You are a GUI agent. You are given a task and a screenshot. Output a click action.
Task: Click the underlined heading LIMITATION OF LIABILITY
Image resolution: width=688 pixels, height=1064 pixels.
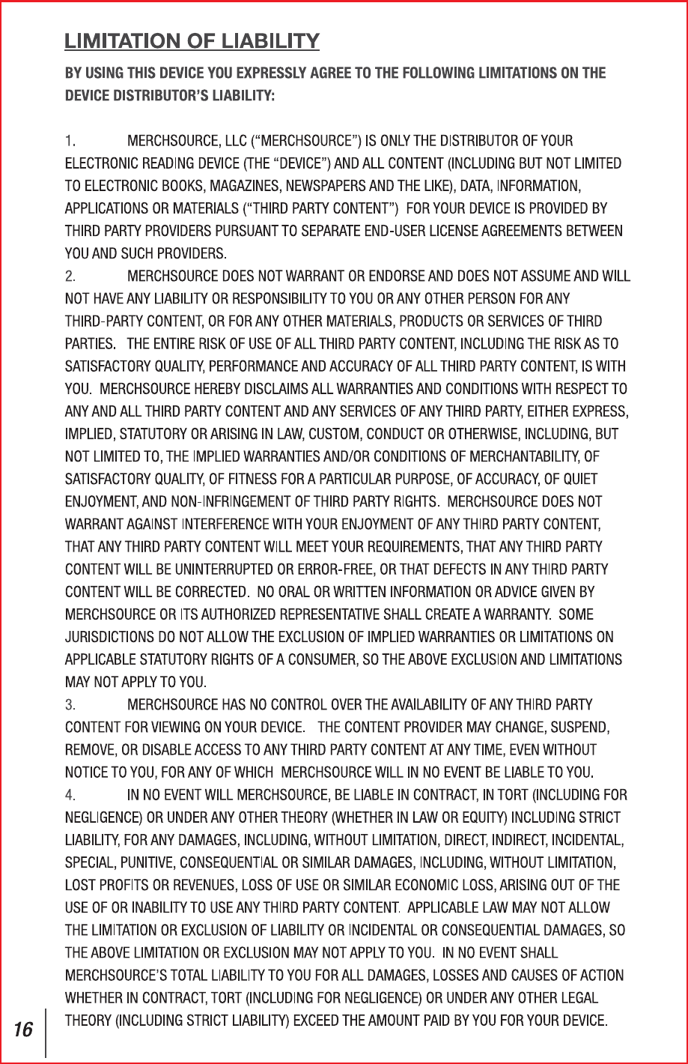click(192, 41)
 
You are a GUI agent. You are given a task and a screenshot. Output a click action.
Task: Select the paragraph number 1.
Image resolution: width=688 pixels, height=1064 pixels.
click(69, 140)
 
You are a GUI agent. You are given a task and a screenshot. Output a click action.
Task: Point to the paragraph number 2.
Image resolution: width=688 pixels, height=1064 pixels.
click(70, 276)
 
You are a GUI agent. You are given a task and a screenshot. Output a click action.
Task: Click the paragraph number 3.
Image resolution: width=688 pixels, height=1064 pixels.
click(70, 705)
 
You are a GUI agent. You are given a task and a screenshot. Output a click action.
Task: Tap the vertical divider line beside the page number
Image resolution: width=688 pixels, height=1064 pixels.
click(46, 1032)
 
